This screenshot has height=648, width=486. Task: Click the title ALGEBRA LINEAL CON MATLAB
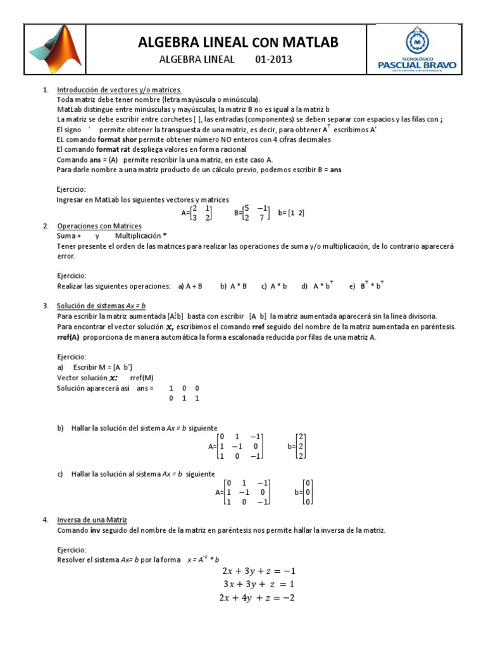tap(239, 42)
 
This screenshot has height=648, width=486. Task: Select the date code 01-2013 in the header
tap(273, 60)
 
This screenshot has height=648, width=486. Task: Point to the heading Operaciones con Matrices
tap(99, 226)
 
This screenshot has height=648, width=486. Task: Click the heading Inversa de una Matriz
tap(92, 520)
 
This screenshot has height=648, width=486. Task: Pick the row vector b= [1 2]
tap(291, 213)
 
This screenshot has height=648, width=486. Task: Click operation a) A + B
tap(190, 286)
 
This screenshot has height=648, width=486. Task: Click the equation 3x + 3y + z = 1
tap(259, 583)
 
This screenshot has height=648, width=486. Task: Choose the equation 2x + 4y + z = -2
tap(259, 597)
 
